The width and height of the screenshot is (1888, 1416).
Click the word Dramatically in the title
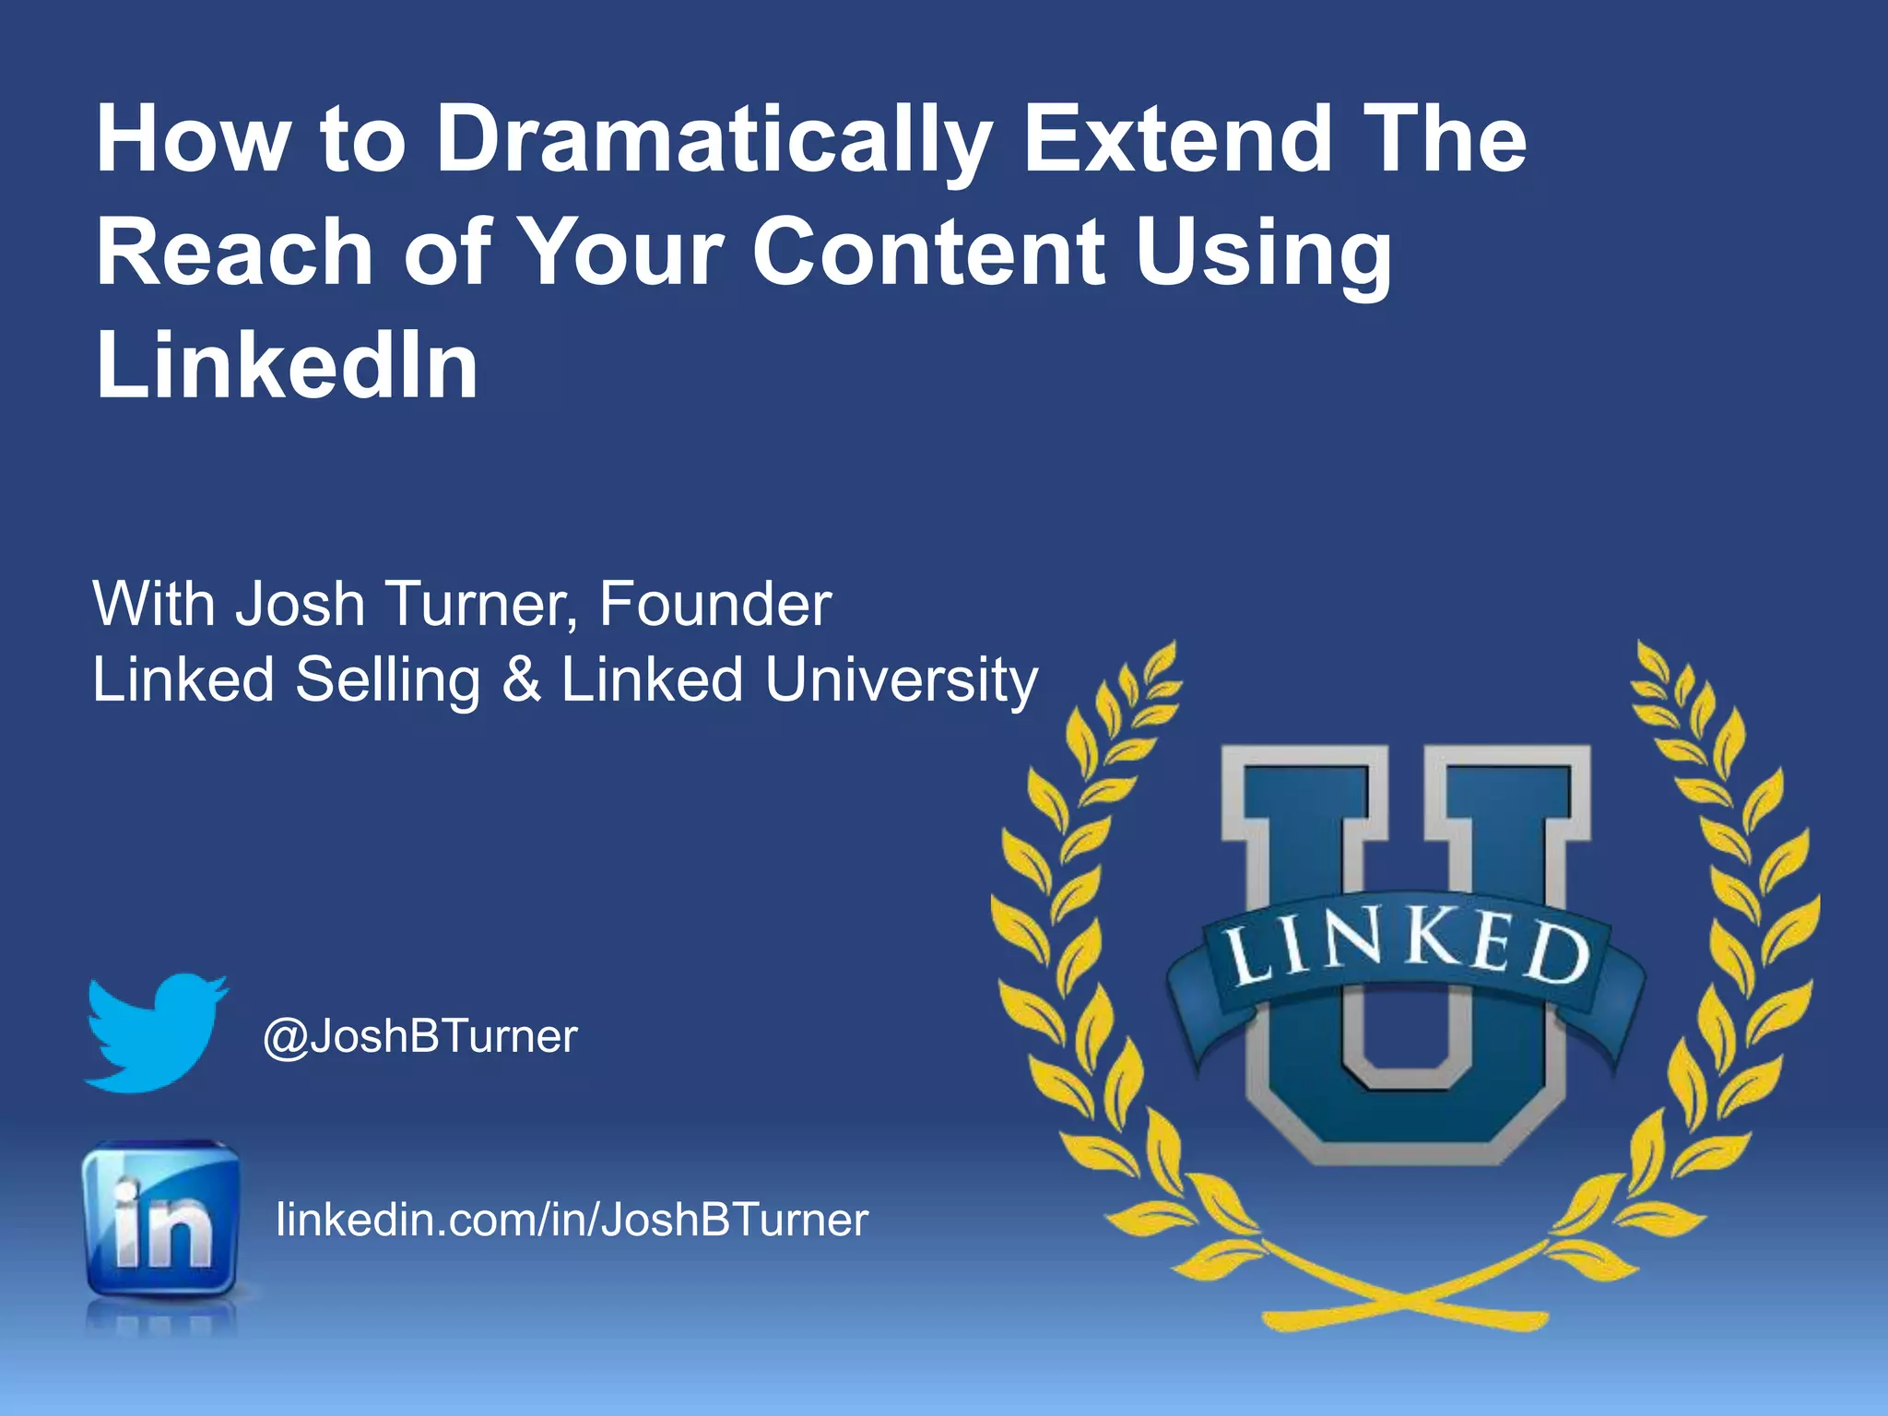coord(712,140)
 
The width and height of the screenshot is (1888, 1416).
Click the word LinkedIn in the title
coord(287,366)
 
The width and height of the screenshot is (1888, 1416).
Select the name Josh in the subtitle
coord(301,605)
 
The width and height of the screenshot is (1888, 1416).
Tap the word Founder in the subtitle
coord(715,605)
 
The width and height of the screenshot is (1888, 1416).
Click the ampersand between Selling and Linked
coord(521,680)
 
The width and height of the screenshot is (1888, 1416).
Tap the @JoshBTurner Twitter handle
coord(420,1036)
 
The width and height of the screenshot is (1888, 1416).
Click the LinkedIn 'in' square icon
coord(160,1219)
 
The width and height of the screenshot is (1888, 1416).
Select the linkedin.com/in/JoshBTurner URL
coord(572,1219)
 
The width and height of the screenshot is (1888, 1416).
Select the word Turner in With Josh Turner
coord(479,605)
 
